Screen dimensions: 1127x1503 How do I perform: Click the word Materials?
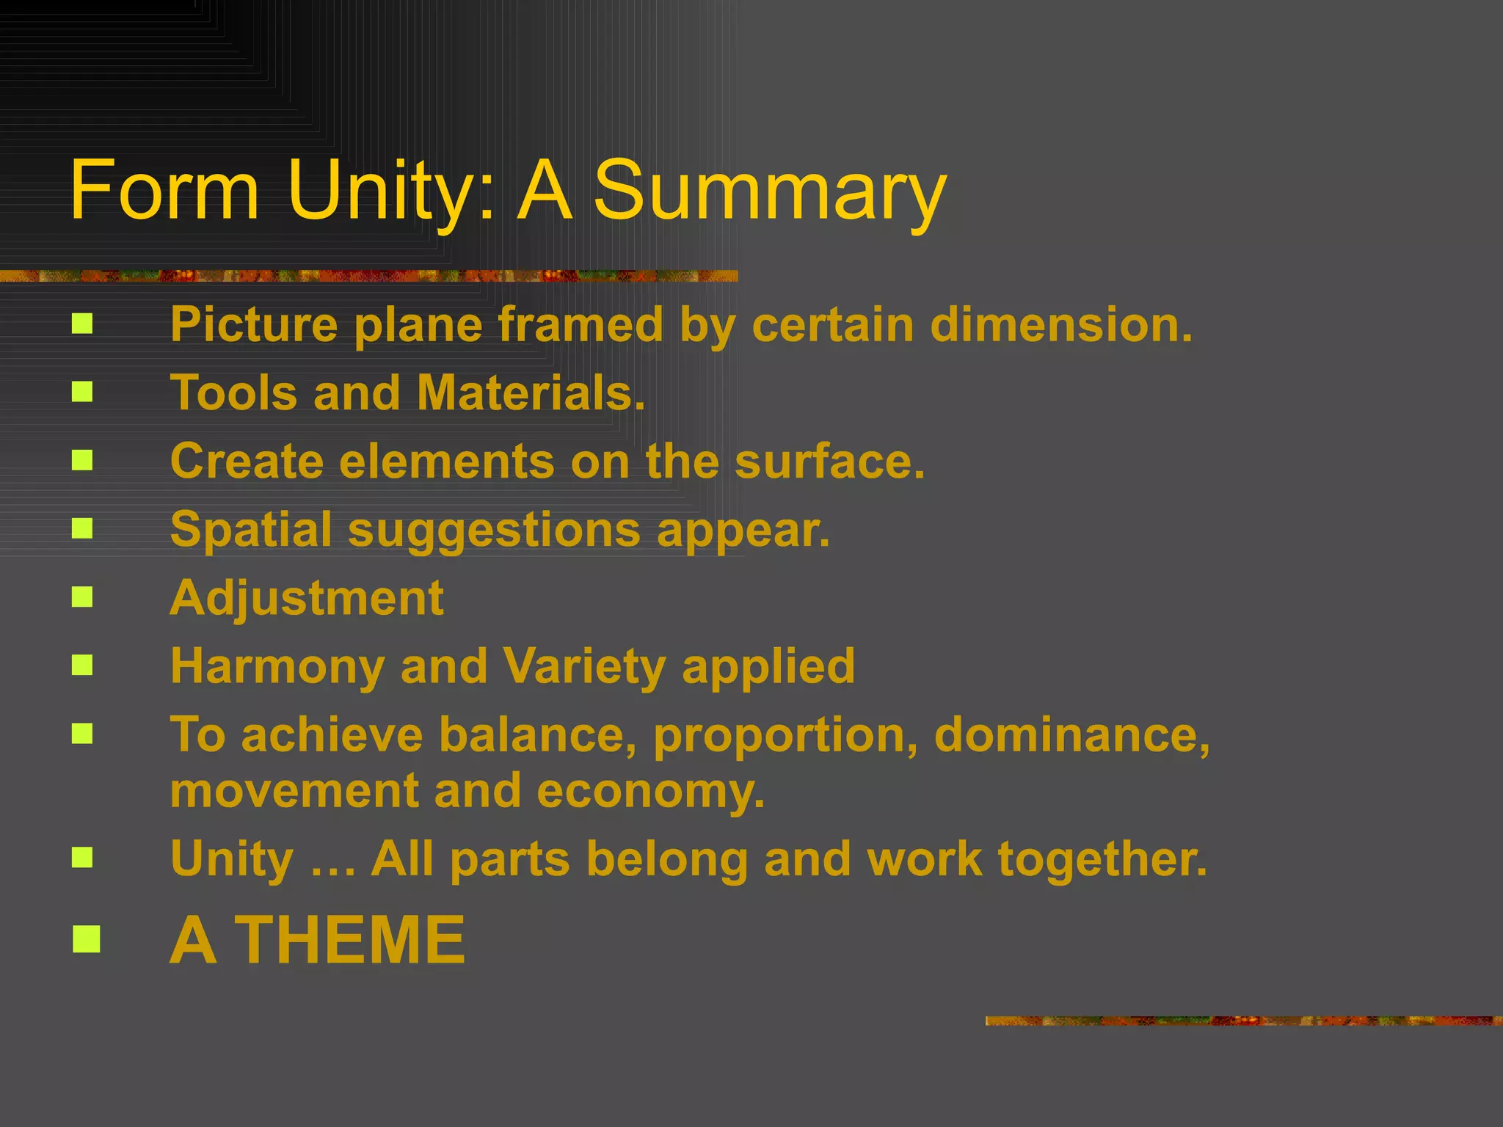click(x=531, y=393)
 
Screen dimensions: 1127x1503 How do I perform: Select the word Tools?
click(x=234, y=393)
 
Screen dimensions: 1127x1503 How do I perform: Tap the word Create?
click(x=247, y=461)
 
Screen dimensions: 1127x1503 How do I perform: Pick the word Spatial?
click(x=251, y=530)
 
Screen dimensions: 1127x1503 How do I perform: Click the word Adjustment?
click(x=307, y=599)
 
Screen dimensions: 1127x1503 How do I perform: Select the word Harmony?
click(x=277, y=666)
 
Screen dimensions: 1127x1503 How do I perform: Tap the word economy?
click(x=651, y=791)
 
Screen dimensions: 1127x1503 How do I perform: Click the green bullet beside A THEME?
click(x=86, y=939)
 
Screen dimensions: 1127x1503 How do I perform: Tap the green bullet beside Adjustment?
click(x=82, y=597)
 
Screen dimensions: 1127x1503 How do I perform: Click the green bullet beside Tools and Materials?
click(x=82, y=392)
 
